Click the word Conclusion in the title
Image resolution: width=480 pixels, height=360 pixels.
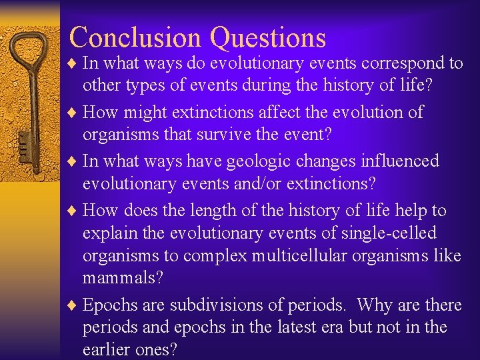point(136,37)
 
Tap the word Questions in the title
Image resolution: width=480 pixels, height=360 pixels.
point(268,39)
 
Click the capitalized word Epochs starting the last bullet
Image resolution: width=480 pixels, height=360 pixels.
point(111,305)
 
